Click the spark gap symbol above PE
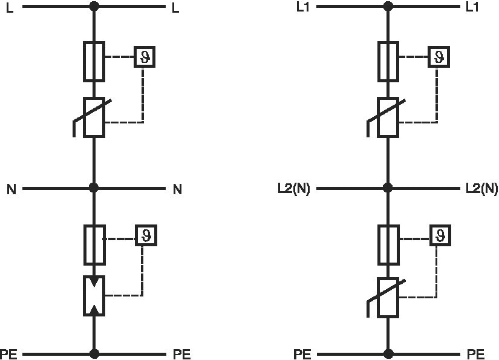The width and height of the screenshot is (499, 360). (x=94, y=295)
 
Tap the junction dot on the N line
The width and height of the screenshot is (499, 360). (x=94, y=188)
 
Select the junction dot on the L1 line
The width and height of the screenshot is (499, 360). (x=388, y=7)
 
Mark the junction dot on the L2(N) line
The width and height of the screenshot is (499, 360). (x=388, y=188)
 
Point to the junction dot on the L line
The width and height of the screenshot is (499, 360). (x=94, y=7)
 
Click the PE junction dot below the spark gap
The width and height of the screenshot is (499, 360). (x=94, y=353)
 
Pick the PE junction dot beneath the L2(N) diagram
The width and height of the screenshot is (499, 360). (x=388, y=353)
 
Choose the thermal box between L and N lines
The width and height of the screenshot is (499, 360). (x=145, y=57)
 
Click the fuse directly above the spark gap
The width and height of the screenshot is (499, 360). (x=94, y=244)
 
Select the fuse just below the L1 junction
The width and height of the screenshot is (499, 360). (x=388, y=61)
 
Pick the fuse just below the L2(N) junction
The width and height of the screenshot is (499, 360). (x=388, y=244)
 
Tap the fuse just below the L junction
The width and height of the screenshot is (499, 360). (x=94, y=61)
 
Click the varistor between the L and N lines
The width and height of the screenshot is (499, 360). (x=94, y=117)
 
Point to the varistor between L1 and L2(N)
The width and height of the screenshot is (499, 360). (x=388, y=117)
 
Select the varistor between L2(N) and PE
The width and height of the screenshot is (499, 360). (x=388, y=297)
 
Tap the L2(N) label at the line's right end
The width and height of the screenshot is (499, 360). (x=481, y=189)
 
